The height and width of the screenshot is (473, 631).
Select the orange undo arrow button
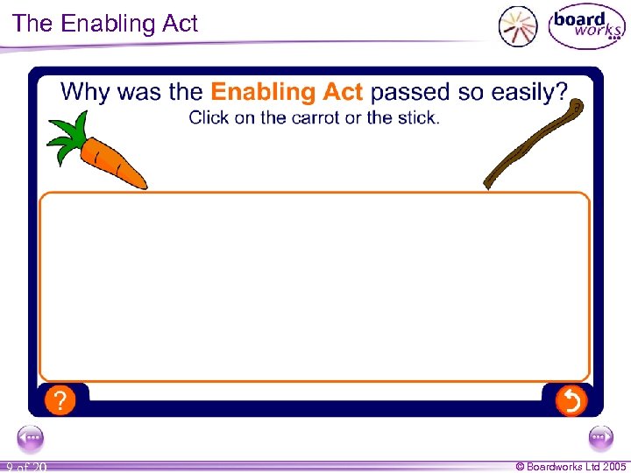coord(571,401)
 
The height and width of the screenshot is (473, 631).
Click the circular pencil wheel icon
coord(518,26)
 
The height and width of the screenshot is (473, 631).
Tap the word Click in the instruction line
coord(209,117)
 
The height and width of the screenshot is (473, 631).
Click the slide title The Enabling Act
coord(106,24)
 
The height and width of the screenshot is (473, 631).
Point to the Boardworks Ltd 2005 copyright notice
coord(571,466)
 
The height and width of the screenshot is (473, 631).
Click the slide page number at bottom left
coord(25,467)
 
